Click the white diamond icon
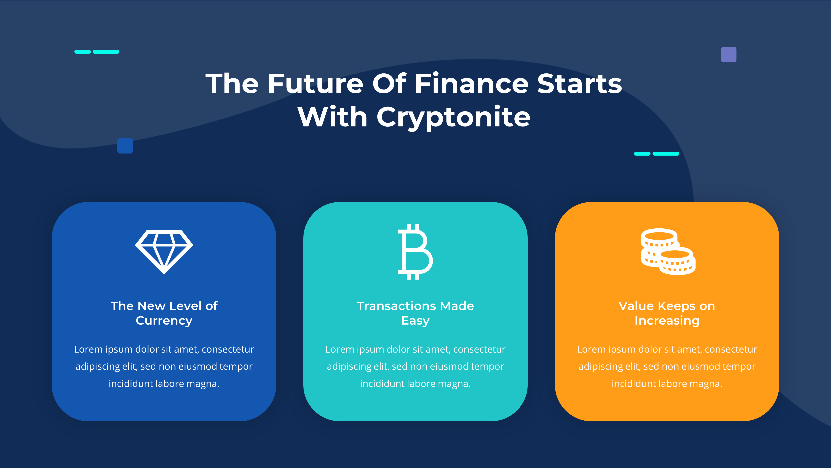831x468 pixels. (x=164, y=252)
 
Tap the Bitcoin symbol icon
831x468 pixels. (x=415, y=252)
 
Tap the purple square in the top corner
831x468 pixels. (x=728, y=54)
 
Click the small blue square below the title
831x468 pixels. (x=125, y=146)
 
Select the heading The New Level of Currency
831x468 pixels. (x=164, y=313)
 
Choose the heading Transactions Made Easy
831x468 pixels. (x=415, y=313)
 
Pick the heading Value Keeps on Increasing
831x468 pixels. (x=667, y=313)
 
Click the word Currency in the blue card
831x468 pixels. (x=164, y=321)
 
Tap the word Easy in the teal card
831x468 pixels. (x=415, y=321)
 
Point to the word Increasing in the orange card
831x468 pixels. (x=667, y=321)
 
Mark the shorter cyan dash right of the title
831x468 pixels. (x=642, y=154)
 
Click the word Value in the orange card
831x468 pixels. (x=636, y=306)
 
